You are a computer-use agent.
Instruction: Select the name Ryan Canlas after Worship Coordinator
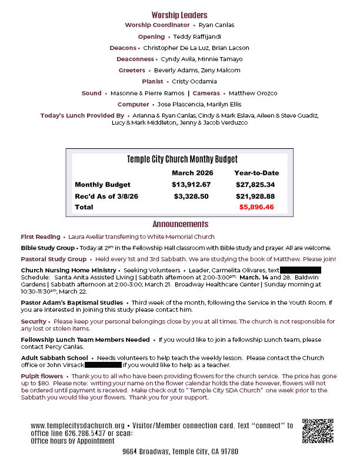(216, 25)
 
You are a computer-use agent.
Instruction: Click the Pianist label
(152, 81)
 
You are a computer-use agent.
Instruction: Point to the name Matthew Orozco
(253, 93)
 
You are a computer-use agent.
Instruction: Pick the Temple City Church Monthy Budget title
(182, 159)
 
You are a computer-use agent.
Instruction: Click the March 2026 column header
(192, 173)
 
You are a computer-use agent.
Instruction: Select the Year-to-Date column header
(256, 173)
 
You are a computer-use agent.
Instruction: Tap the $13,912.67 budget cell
(191, 185)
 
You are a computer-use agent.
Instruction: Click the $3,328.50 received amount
(191, 196)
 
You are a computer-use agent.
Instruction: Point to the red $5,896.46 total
(256, 207)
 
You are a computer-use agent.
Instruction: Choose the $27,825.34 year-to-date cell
(255, 185)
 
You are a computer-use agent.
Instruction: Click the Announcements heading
(180, 224)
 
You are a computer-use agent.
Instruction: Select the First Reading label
(40, 237)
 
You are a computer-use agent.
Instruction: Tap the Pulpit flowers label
(42, 376)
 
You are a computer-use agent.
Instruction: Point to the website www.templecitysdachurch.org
(77, 425)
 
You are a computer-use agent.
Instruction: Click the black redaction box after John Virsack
(99, 365)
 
